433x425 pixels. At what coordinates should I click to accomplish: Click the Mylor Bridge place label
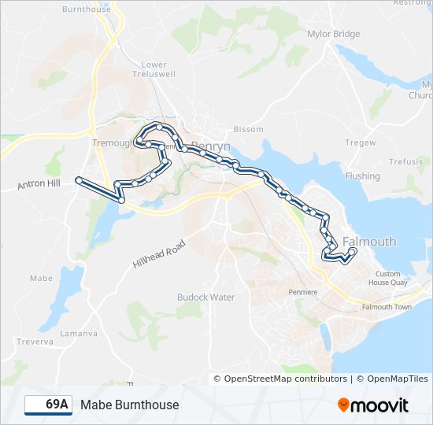335,34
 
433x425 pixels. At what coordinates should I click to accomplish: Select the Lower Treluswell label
154,70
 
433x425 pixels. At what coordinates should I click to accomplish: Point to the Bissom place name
248,129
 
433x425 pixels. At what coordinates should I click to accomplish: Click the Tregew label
361,142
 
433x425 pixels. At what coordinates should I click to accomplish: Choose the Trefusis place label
405,161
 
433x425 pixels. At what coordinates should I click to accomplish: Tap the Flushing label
362,176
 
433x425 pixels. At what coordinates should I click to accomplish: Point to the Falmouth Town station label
387,306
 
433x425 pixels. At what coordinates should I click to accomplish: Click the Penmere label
302,292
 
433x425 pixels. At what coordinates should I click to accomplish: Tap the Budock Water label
206,297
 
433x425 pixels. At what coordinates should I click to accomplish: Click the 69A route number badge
47,405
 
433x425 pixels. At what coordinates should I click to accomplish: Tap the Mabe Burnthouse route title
129,405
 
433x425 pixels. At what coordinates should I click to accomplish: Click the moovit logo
373,405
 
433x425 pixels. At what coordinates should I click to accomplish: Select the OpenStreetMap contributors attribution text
285,379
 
